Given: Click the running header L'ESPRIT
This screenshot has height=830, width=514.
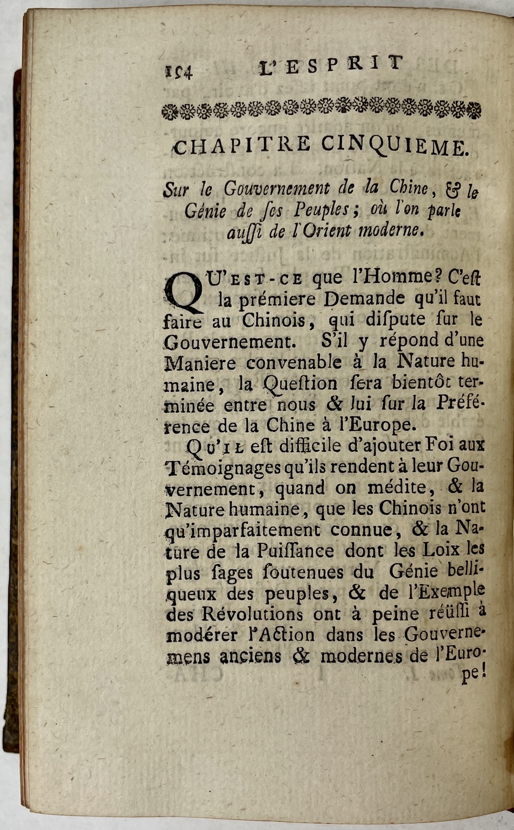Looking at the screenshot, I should (331, 66).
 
